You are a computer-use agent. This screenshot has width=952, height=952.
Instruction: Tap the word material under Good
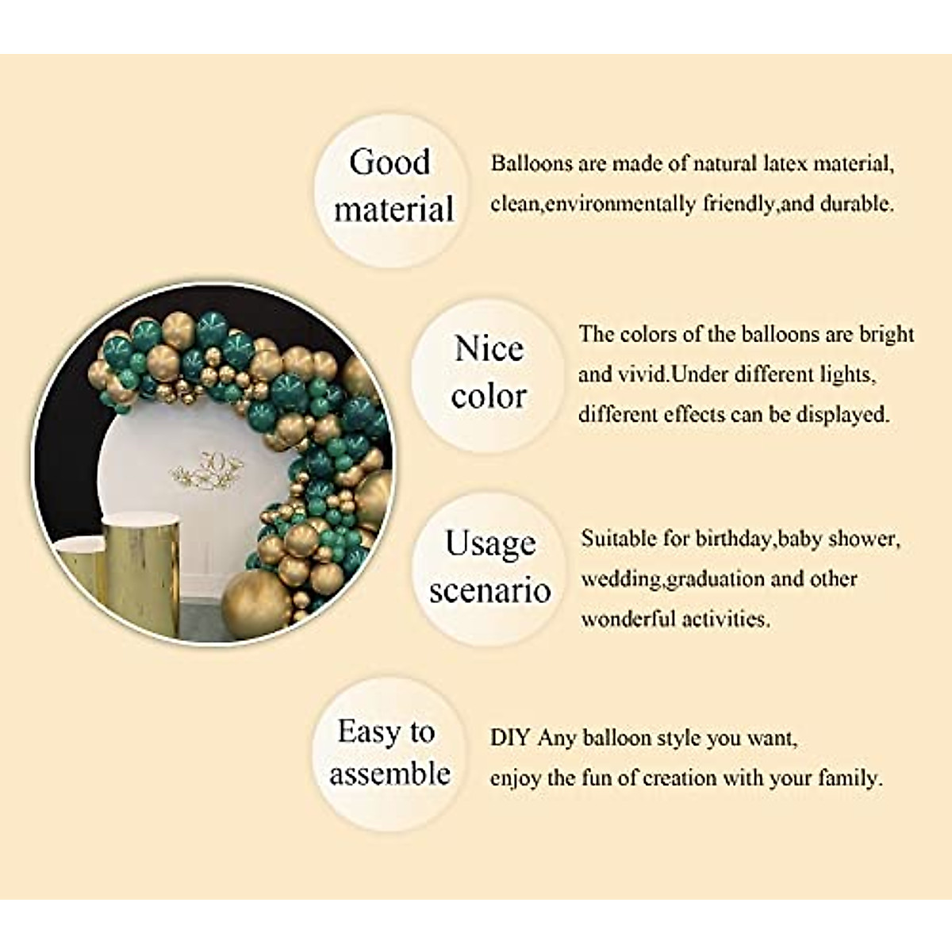(393, 209)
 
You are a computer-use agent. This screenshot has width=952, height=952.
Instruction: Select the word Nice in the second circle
(489, 349)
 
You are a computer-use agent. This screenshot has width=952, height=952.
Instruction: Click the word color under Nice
(489, 396)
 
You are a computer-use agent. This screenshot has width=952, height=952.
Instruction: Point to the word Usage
(490, 544)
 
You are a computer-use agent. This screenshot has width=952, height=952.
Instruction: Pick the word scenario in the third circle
(490, 590)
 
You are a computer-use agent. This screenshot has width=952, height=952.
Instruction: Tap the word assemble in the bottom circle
(390, 773)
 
